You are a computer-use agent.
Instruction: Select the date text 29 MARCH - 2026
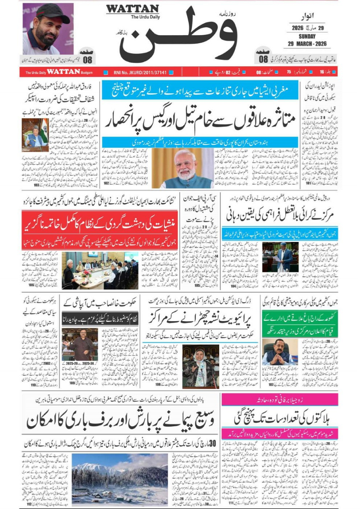click(x=306, y=43)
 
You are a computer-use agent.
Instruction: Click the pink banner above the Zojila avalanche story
click(x=280, y=399)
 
